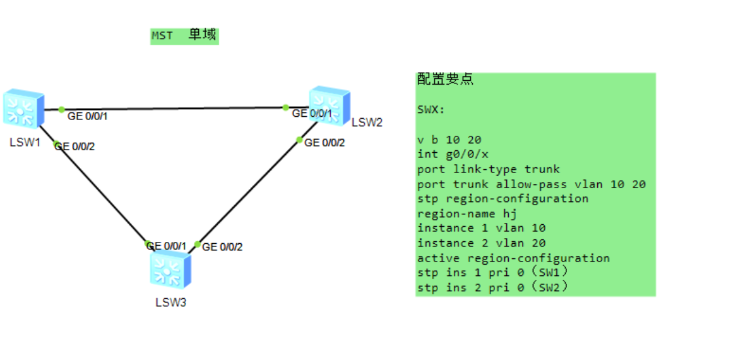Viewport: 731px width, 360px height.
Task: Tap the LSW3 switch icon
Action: [x=169, y=270]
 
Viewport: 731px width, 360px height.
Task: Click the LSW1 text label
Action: [x=25, y=142]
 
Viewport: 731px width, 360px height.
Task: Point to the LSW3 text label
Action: [x=170, y=302]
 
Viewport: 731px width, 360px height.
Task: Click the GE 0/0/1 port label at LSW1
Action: [x=88, y=116]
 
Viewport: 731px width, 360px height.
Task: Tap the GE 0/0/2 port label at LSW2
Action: [x=324, y=143]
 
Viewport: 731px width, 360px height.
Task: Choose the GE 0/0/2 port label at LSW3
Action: [x=222, y=247]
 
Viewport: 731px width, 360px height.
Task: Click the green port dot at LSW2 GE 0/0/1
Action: [x=286, y=107]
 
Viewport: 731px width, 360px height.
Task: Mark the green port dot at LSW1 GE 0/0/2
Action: [x=56, y=143]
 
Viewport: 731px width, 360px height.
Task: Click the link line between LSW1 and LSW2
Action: [x=174, y=109]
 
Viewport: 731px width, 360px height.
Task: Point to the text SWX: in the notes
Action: [x=431, y=109]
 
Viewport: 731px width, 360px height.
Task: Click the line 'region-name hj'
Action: [x=467, y=213]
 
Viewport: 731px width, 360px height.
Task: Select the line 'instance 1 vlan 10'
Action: [x=481, y=228]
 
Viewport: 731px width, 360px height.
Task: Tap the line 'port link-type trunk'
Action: [x=488, y=169]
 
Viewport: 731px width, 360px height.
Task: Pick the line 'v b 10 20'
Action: [x=449, y=139]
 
